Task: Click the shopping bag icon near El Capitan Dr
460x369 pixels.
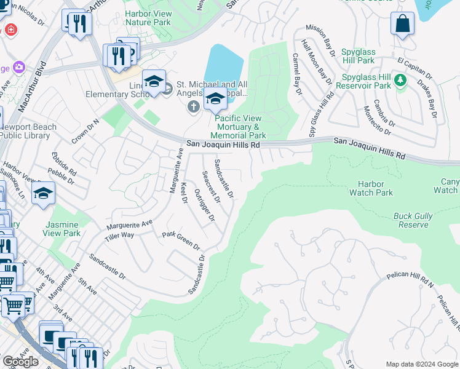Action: click(x=402, y=25)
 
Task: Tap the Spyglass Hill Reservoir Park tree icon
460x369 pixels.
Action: click(x=400, y=80)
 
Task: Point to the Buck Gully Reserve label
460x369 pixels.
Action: click(x=411, y=220)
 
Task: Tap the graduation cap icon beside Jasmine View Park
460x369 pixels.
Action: click(x=43, y=194)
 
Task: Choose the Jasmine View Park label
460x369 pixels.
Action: click(x=61, y=229)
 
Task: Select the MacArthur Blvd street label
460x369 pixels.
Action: click(x=33, y=87)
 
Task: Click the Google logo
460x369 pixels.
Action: click(x=20, y=362)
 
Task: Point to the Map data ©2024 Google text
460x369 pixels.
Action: click(x=422, y=363)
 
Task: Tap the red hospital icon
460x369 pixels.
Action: click(x=10, y=29)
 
